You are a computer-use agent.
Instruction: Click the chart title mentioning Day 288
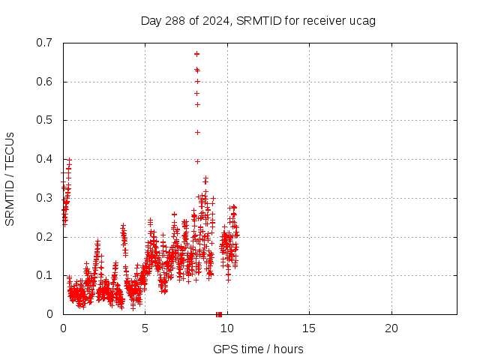click(258, 20)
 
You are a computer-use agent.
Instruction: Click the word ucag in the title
click(362, 20)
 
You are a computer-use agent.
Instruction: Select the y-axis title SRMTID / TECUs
click(10, 178)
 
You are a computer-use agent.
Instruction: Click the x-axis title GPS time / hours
click(258, 349)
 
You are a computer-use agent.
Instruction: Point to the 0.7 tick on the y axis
click(44, 43)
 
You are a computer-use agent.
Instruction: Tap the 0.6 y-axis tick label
click(44, 82)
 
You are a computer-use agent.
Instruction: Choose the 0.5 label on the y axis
click(44, 120)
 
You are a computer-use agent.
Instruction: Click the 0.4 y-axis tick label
click(44, 159)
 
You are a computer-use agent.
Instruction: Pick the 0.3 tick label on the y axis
click(44, 198)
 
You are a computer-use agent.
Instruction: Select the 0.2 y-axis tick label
click(44, 237)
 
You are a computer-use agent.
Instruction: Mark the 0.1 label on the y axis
click(44, 275)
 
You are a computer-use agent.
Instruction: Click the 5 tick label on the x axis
click(145, 328)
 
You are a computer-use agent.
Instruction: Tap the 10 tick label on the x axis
click(227, 328)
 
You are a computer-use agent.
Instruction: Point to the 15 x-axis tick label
click(309, 328)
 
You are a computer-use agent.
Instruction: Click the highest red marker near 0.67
click(196, 54)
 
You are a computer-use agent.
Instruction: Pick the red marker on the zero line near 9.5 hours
click(218, 313)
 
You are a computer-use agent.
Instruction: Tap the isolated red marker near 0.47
click(197, 132)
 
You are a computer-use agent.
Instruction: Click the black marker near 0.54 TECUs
click(197, 104)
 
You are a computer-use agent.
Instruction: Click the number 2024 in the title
click(212, 20)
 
